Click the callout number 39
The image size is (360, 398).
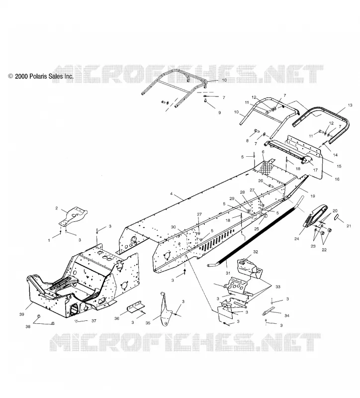point(22,314)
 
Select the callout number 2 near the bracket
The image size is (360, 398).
point(57,208)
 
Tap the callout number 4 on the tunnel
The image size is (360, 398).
point(171,194)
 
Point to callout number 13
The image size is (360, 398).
point(350,105)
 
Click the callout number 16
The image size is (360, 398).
point(337,179)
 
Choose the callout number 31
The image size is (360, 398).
point(228,273)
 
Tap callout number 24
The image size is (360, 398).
point(296,239)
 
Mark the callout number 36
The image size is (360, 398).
point(117,318)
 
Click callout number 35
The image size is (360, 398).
point(148,323)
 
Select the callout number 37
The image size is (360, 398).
point(94,321)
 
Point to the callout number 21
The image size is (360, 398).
point(349,226)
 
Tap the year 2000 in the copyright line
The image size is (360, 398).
point(21,76)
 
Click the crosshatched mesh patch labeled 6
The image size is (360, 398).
point(267,168)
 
